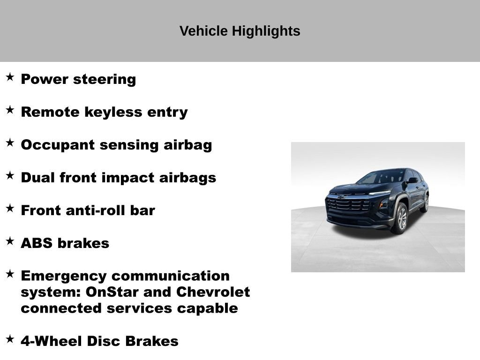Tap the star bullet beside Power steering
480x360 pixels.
pos(10,77)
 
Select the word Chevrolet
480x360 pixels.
pos(213,292)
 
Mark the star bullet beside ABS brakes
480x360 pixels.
pos(10,241)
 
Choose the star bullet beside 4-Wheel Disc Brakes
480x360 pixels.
pos(10,339)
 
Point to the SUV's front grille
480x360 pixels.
pos(348,205)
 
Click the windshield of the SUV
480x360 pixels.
pos(381,177)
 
